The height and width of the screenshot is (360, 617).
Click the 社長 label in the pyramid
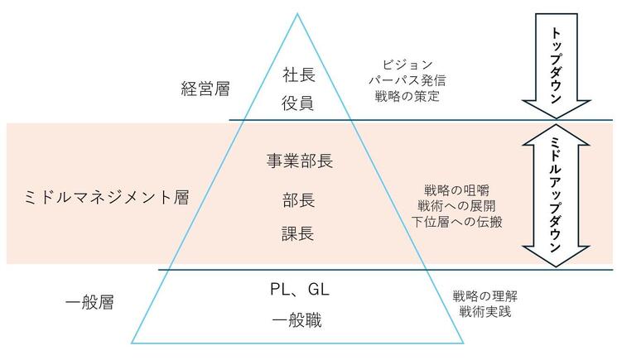[x=299, y=74]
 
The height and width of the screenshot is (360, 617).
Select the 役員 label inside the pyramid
[x=298, y=103]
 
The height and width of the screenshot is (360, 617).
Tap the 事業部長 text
[x=300, y=161]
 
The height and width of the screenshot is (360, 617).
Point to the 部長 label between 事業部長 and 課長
[x=299, y=200]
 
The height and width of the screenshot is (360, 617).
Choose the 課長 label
[x=298, y=233]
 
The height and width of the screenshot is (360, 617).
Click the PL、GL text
[x=300, y=290]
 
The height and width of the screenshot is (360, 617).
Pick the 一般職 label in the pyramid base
[x=297, y=320]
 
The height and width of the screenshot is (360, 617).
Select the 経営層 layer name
[x=205, y=89]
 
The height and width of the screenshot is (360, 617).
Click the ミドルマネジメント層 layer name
[x=107, y=197]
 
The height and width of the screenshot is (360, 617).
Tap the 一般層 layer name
[x=89, y=302]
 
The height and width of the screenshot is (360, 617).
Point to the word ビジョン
[x=407, y=64]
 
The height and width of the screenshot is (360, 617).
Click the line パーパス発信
[x=407, y=80]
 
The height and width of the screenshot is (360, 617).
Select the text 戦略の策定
[x=407, y=96]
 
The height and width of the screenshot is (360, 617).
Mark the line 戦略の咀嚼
[x=457, y=190]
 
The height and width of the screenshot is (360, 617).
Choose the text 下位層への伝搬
[x=457, y=222]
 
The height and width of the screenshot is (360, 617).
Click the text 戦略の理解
[x=485, y=296]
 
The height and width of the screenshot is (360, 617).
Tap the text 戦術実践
[x=485, y=312]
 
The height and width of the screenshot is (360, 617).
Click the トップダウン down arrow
[x=556, y=65]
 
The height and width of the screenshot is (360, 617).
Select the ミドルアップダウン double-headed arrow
[x=556, y=195]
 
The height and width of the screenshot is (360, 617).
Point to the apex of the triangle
[x=297, y=14]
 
